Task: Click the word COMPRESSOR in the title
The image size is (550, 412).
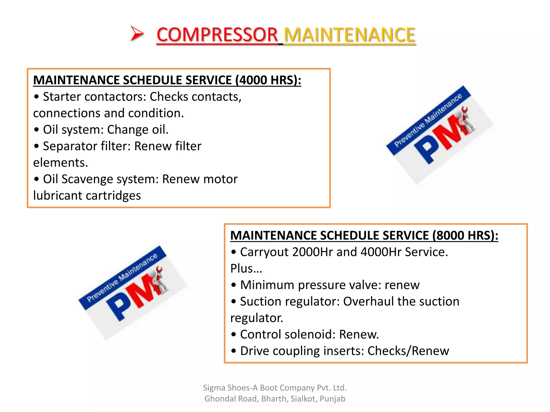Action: [x=217, y=35]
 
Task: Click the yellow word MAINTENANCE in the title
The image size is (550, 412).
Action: [x=349, y=35]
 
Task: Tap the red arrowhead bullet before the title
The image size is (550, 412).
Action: [x=137, y=34]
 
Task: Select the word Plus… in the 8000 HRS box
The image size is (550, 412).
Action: [x=246, y=268]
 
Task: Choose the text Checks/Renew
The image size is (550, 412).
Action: [x=408, y=351]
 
